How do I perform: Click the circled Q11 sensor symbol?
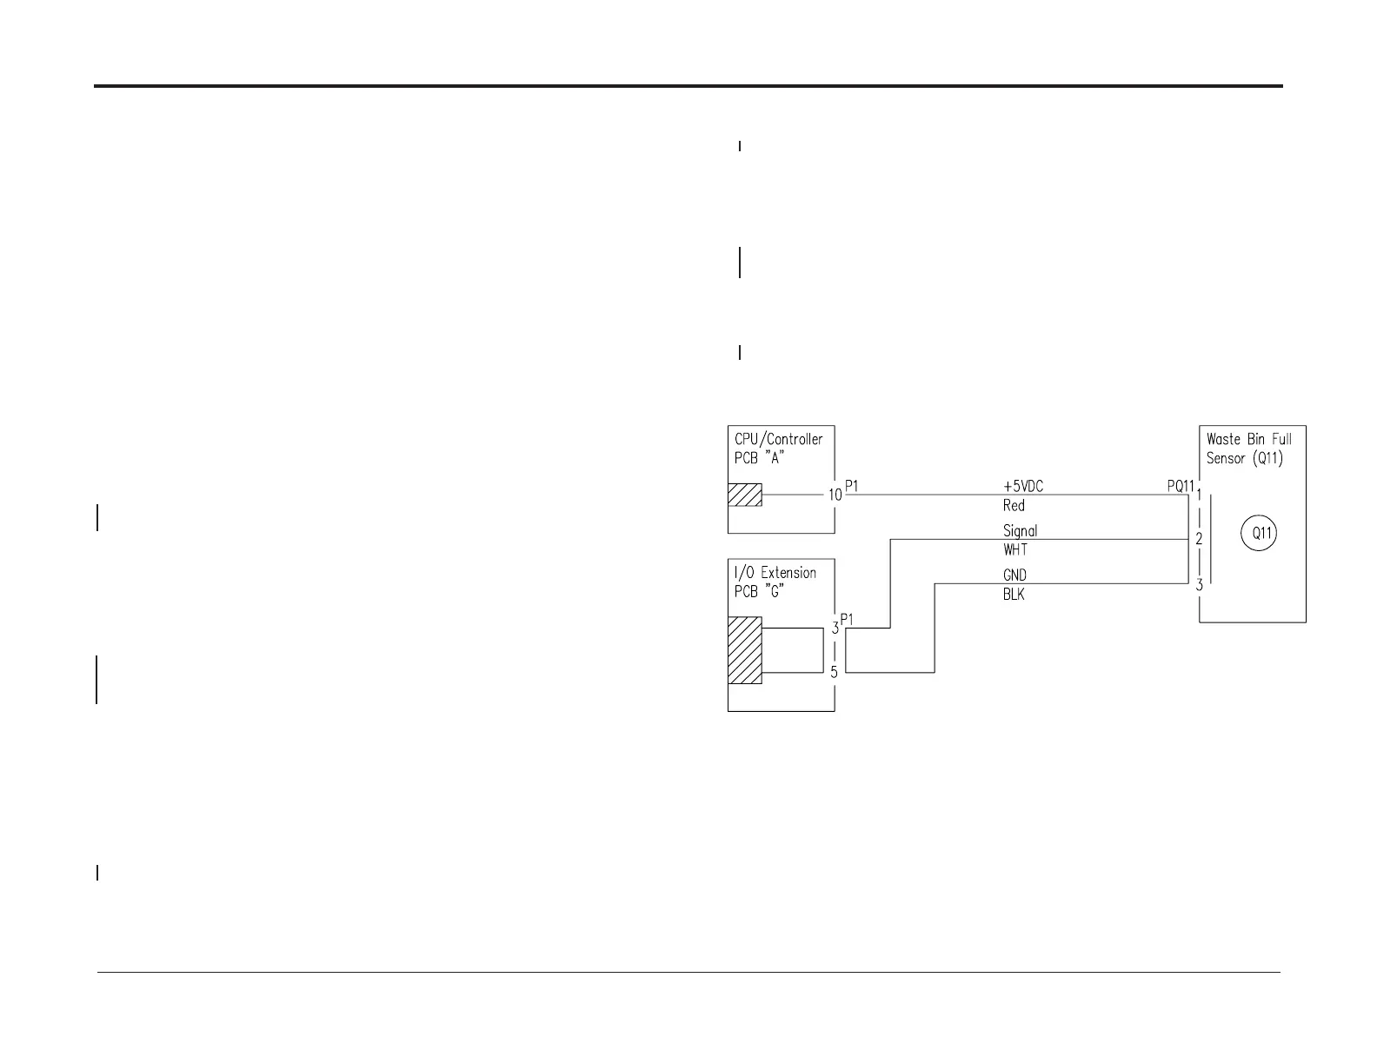(1261, 533)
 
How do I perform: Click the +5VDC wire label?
(1023, 487)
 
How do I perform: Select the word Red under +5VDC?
(1014, 506)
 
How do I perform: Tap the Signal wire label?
(1020, 530)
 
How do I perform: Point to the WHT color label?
(1015, 550)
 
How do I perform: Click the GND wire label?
(1014, 575)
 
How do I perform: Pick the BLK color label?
(1014, 595)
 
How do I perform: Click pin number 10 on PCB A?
(835, 495)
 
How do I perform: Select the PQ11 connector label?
(1181, 487)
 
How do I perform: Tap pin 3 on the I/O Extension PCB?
(835, 628)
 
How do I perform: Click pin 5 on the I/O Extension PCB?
(834, 672)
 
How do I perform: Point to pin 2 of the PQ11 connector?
(1199, 539)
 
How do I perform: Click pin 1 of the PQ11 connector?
(1200, 494)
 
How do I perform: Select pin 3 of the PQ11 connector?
(1199, 584)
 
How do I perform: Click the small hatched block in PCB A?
(745, 495)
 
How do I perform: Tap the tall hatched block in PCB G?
(745, 650)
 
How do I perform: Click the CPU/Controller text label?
(779, 439)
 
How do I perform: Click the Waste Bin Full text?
(1249, 439)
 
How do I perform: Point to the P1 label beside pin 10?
(852, 487)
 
